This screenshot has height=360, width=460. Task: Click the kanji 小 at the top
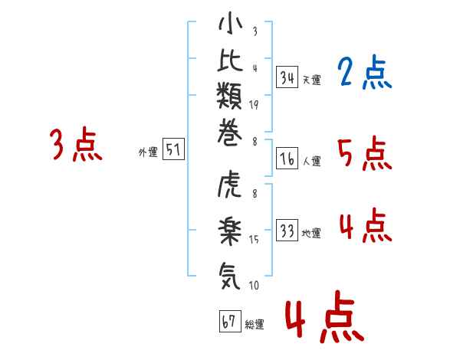click(230, 26)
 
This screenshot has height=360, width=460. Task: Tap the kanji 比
click(230, 64)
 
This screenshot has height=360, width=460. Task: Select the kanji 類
click(230, 103)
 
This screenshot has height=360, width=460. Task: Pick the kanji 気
click(230, 270)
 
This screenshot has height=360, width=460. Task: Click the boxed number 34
click(287, 77)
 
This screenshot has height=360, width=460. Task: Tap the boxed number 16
click(287, 159)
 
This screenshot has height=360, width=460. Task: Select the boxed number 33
click(287, 231)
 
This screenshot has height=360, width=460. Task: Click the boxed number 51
click(173, 149)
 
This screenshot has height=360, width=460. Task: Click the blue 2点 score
click(364, 74)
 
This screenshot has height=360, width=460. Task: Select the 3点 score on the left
click(76, 145)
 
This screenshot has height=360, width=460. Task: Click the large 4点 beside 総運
click(324, 319)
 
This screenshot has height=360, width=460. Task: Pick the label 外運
click(148, 152)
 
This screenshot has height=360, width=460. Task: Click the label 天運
click(311, 80)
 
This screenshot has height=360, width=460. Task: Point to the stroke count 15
click(254, 240)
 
